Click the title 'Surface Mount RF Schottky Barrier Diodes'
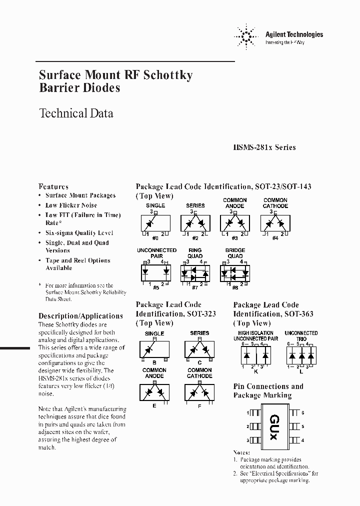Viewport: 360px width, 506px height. [115, 81]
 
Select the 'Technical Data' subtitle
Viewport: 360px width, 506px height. [76, 113]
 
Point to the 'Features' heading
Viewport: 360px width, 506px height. [53, 186]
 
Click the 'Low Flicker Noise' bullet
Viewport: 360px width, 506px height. [71, 205]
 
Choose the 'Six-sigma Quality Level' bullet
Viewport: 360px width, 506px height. [79, 233]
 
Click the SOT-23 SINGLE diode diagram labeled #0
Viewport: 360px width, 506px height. [155, 222]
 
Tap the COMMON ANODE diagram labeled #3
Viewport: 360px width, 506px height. [234, 222]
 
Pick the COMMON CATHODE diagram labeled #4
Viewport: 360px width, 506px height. [275, 222]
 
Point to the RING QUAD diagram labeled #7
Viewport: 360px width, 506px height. [195, 272]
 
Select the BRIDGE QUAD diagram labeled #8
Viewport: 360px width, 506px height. [234, 272]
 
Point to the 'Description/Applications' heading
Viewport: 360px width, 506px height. [80, 316]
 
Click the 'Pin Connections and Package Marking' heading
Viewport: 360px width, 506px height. [268, 390]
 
